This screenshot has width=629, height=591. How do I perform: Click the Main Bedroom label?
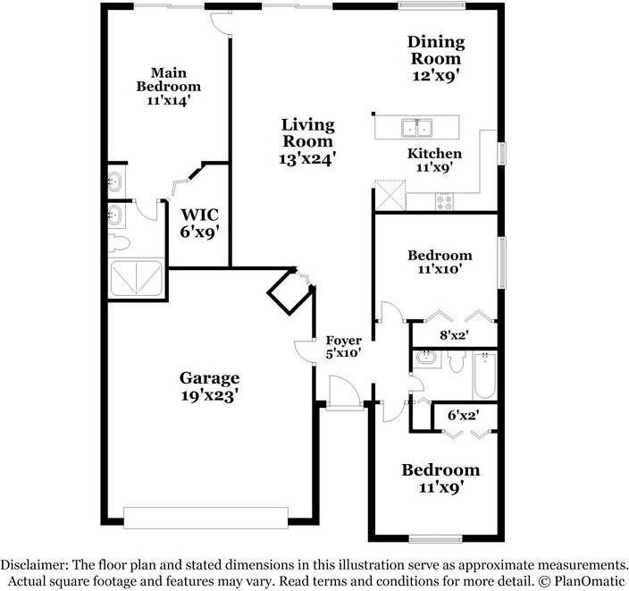coord(168,80)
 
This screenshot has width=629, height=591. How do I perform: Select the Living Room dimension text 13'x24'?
coord(307,158)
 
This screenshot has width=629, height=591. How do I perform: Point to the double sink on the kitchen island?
coord(415,127)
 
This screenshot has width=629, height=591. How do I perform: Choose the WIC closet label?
coord(200,215)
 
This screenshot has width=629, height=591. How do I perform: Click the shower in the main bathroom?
coord(136,278)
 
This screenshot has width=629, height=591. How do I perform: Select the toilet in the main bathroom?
coord(118,242)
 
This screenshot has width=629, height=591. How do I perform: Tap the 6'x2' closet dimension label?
coord(464,416)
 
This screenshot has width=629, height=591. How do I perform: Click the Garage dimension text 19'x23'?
coord(209,394)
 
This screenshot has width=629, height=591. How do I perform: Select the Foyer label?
coord(343,340)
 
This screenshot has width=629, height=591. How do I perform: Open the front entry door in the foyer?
coord(343,393)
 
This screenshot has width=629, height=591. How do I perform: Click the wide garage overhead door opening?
coord(205,519)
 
